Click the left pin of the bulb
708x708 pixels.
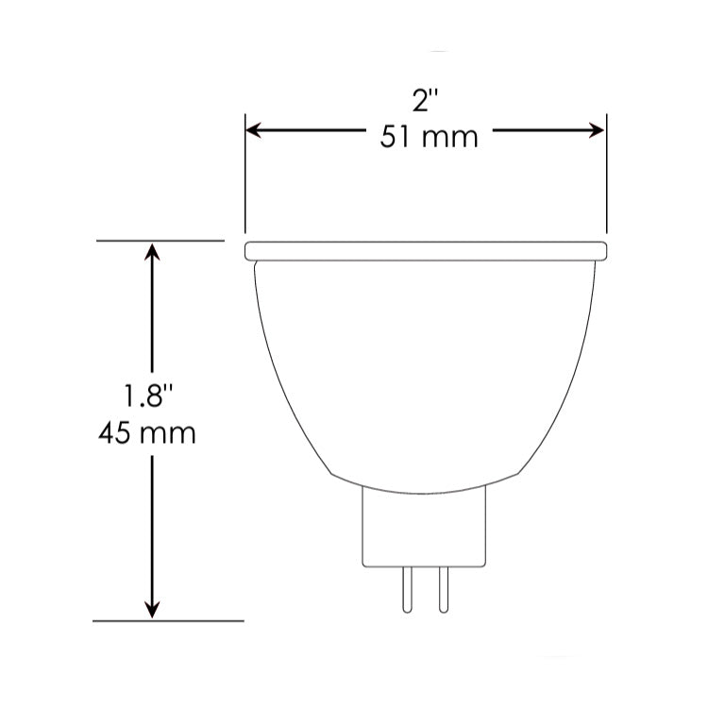coord(407,591)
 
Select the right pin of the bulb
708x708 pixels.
coord(439,591)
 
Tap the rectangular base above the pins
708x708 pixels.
coord(426,529)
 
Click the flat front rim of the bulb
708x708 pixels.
coord(425,251)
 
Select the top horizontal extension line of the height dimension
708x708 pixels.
coord(160,241)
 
